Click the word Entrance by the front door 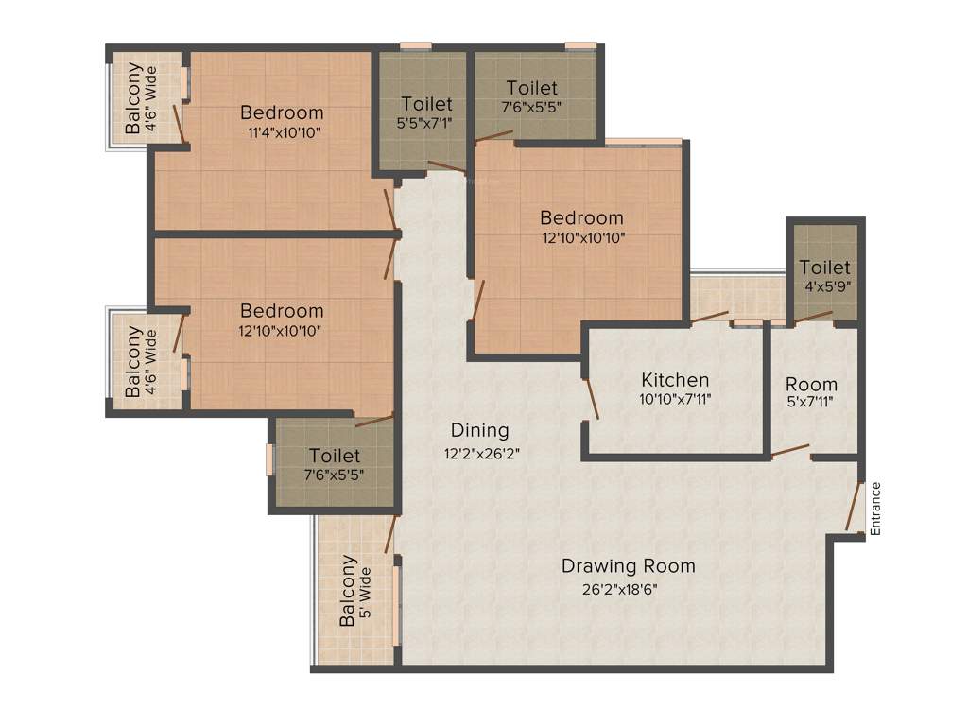(875, 509)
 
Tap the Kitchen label (675, 380)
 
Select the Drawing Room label (628, 566)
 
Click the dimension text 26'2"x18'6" (620, 589)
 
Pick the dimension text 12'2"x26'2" (482, 453)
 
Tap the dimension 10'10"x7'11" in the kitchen (675, 400)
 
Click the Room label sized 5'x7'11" (811, 384)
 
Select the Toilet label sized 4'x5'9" (824, 268)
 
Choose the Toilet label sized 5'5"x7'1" (426, 103)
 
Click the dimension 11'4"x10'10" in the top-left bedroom (285, 133)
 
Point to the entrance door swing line (854, 507)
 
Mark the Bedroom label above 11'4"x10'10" (282, 112)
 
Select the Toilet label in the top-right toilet (531, 88)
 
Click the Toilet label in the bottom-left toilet (334, 456)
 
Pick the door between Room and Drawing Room (790, 451)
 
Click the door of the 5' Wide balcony (389, 535)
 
